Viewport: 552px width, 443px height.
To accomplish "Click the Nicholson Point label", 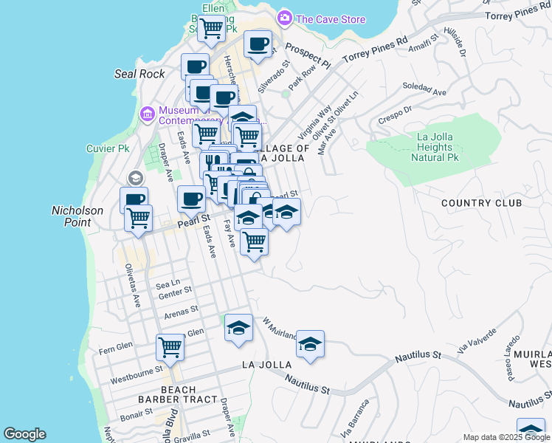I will pyautogui.click(x=77, y=216).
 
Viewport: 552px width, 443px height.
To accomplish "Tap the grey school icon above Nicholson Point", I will pyautogui.click(x=135, y=178).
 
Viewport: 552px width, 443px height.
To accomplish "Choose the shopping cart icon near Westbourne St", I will pyautogui.click(x=170, y=347).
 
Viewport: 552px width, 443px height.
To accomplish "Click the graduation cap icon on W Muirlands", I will pyautogui.click(x=311, y=343).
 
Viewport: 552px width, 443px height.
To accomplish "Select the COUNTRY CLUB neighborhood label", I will pyautogui.click(x=481, y=203).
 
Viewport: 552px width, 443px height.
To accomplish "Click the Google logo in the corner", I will pyautogui.click(x=24, y=434).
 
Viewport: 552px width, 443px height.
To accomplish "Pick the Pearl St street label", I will pyautogui.click(x=194, y=220).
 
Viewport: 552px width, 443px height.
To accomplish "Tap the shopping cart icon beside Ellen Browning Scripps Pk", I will pyautogui.click(x=212, y=29).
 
